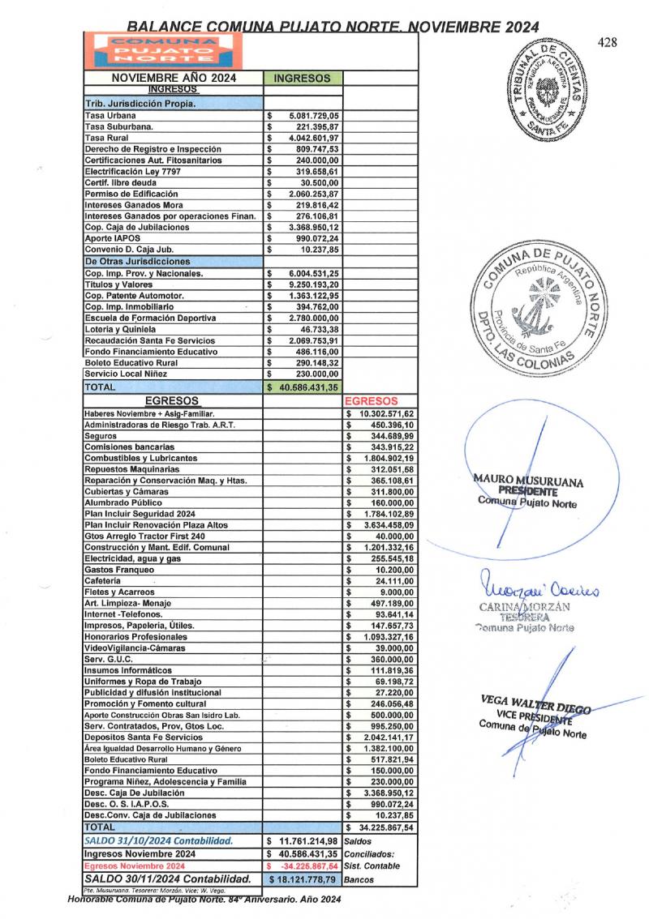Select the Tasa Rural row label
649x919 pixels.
click(x=105, y=139)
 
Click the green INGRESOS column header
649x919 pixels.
click(x=303, y=79)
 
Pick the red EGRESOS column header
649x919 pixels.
click(x=371, y=400)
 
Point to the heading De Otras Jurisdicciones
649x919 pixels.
click(x=138, y=262)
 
